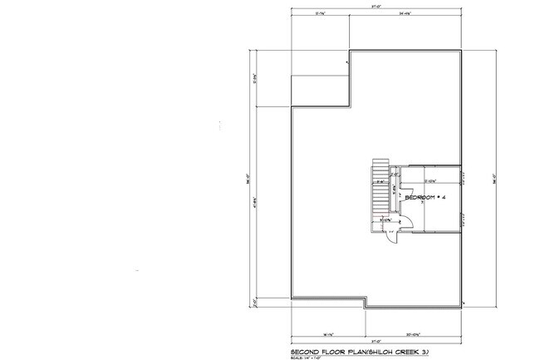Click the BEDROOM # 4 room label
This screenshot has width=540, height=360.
(426, 197)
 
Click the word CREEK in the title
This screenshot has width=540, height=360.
(404, 338)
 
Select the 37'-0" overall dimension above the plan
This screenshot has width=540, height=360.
(376, 6)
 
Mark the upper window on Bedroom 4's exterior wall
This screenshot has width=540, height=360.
(461, 176)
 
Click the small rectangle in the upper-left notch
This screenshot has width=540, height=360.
(320, 90)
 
